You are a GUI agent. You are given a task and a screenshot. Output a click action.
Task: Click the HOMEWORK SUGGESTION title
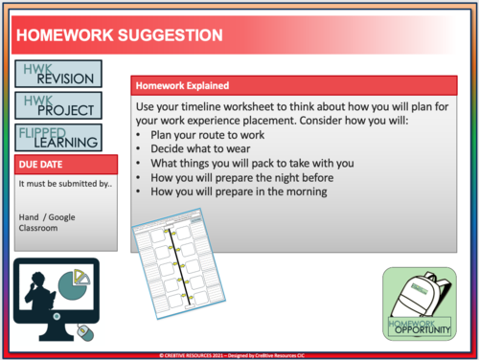coord(119,36)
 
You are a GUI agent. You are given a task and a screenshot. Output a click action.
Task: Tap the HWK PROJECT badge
coord(56,103)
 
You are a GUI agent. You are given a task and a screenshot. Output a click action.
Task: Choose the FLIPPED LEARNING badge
coord(58,137)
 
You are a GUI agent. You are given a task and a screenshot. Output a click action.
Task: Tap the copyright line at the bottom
coord(239,354)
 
